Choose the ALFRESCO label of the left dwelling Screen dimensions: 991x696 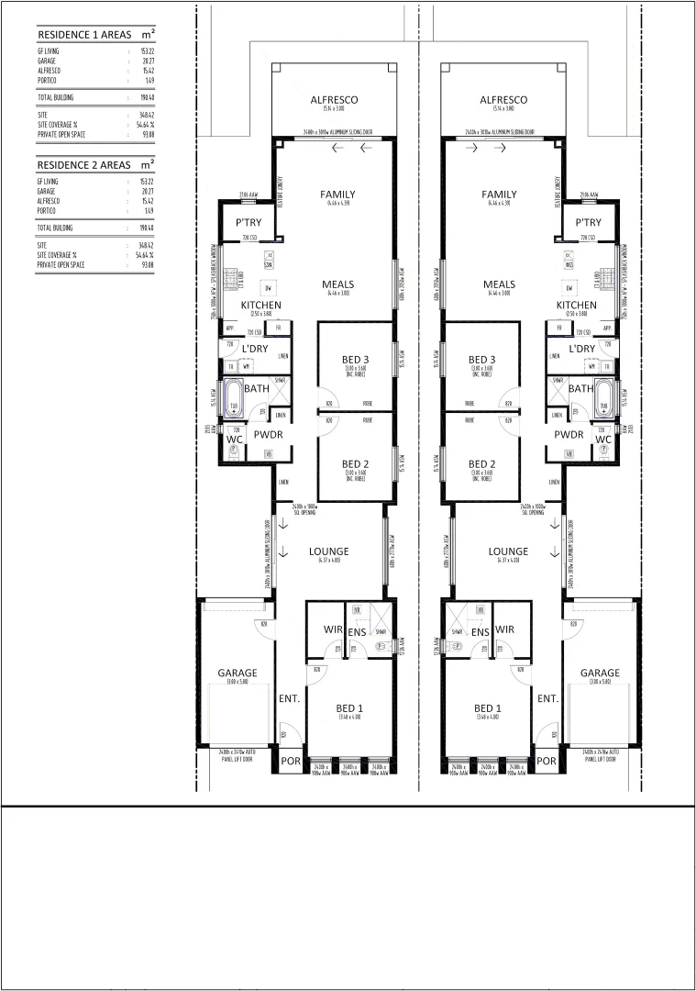(x=334, y=99)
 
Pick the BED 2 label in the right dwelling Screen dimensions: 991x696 (x=482, y=463)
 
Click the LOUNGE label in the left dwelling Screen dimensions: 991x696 (x=328, y=551)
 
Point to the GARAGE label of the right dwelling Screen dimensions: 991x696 (x=600, y=673)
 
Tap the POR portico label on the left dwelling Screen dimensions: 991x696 (x=291, y=761)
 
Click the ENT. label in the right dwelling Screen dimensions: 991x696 (x=548, y=698)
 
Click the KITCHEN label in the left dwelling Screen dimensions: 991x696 (x=260, y=305)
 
